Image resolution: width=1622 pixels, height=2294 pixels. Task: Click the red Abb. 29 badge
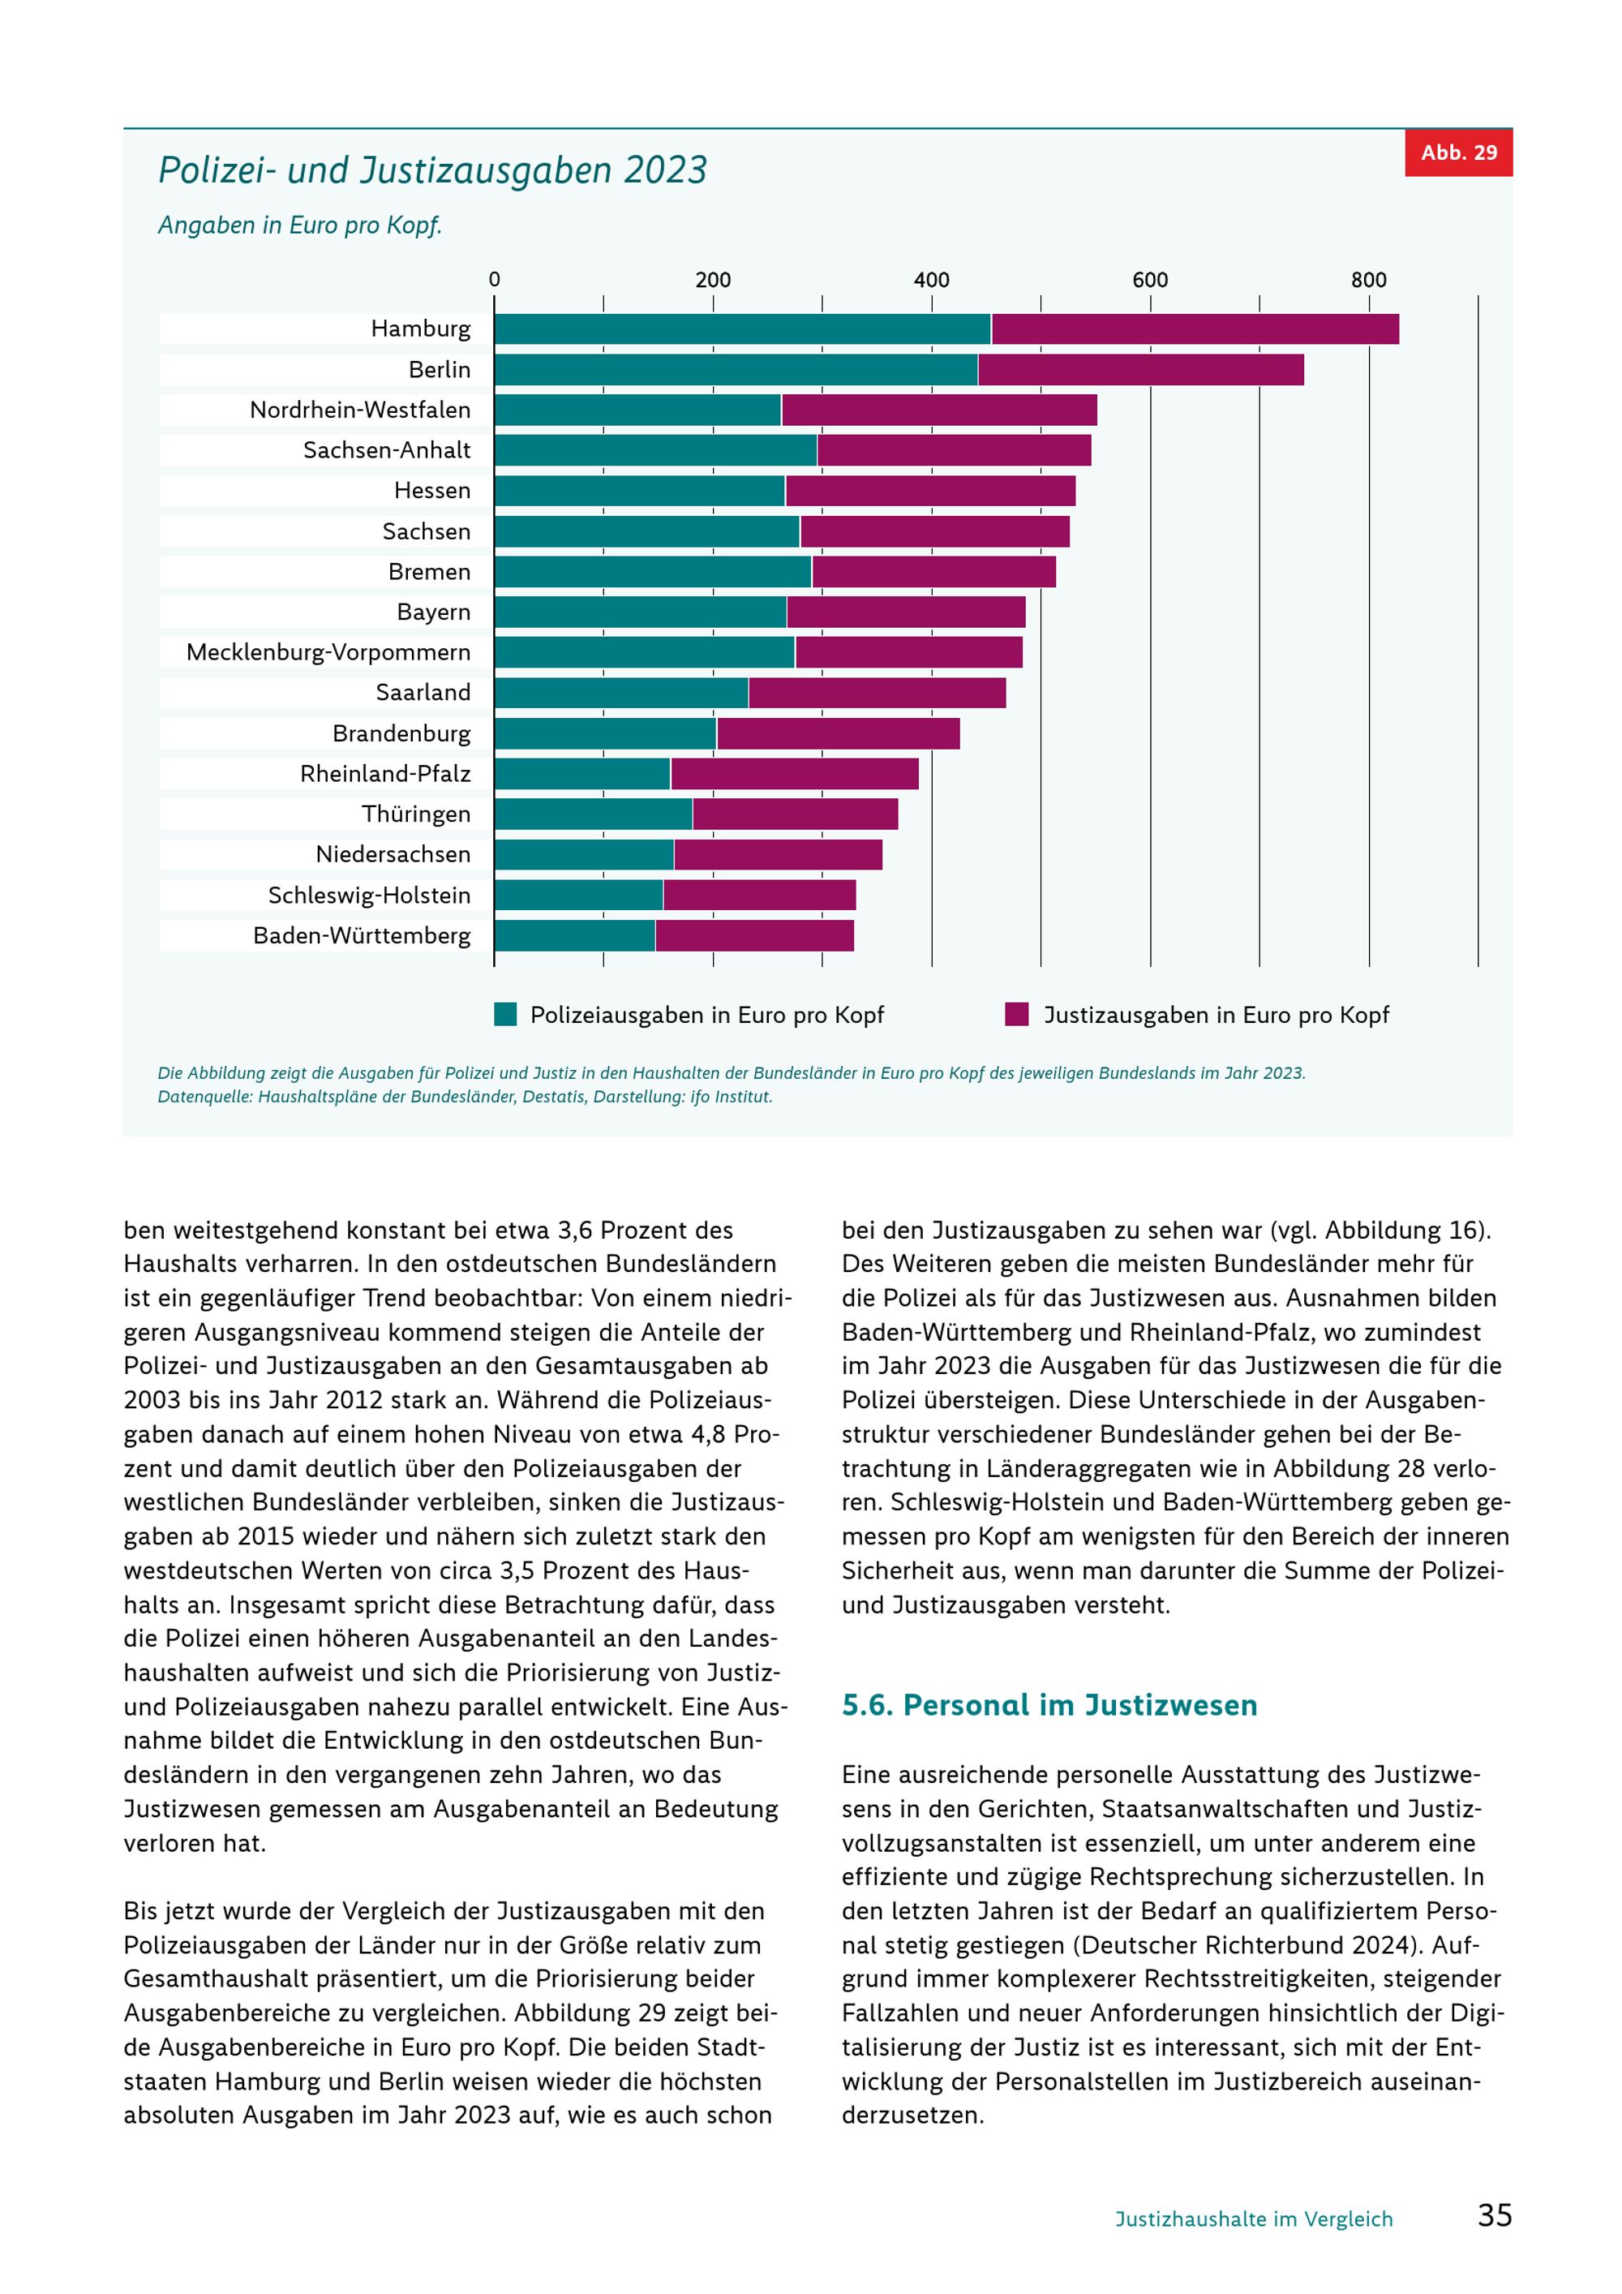click(1458, 153)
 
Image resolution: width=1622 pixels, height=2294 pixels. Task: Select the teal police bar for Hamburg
click(742, 329)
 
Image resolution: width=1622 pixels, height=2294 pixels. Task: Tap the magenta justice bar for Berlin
click(1140, 370)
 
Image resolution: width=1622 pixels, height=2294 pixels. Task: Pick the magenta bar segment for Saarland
click(877, 693)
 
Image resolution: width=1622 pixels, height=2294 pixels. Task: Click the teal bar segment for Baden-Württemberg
click(574, 935)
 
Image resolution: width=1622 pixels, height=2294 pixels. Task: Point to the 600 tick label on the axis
click(1149, 280)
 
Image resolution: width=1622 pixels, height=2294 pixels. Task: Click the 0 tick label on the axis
click(495, 280)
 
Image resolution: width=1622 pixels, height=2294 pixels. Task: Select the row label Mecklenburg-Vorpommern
click(328, 652)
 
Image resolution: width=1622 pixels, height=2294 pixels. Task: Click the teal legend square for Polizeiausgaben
click(505, 1014)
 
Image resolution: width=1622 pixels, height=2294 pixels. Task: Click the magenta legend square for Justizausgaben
click(1017, 1014)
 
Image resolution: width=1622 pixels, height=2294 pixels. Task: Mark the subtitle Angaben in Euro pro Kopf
click(299, 226)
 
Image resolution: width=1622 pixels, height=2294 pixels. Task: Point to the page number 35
click(1495, 2215)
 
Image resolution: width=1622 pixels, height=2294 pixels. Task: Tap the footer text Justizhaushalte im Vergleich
click(1254, 2219)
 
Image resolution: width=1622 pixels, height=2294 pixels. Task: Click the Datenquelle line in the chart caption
click(466, 1097)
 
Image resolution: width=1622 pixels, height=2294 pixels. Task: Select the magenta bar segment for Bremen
click(933, 572)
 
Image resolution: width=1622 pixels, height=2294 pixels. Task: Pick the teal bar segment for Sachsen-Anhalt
click(655, 449)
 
